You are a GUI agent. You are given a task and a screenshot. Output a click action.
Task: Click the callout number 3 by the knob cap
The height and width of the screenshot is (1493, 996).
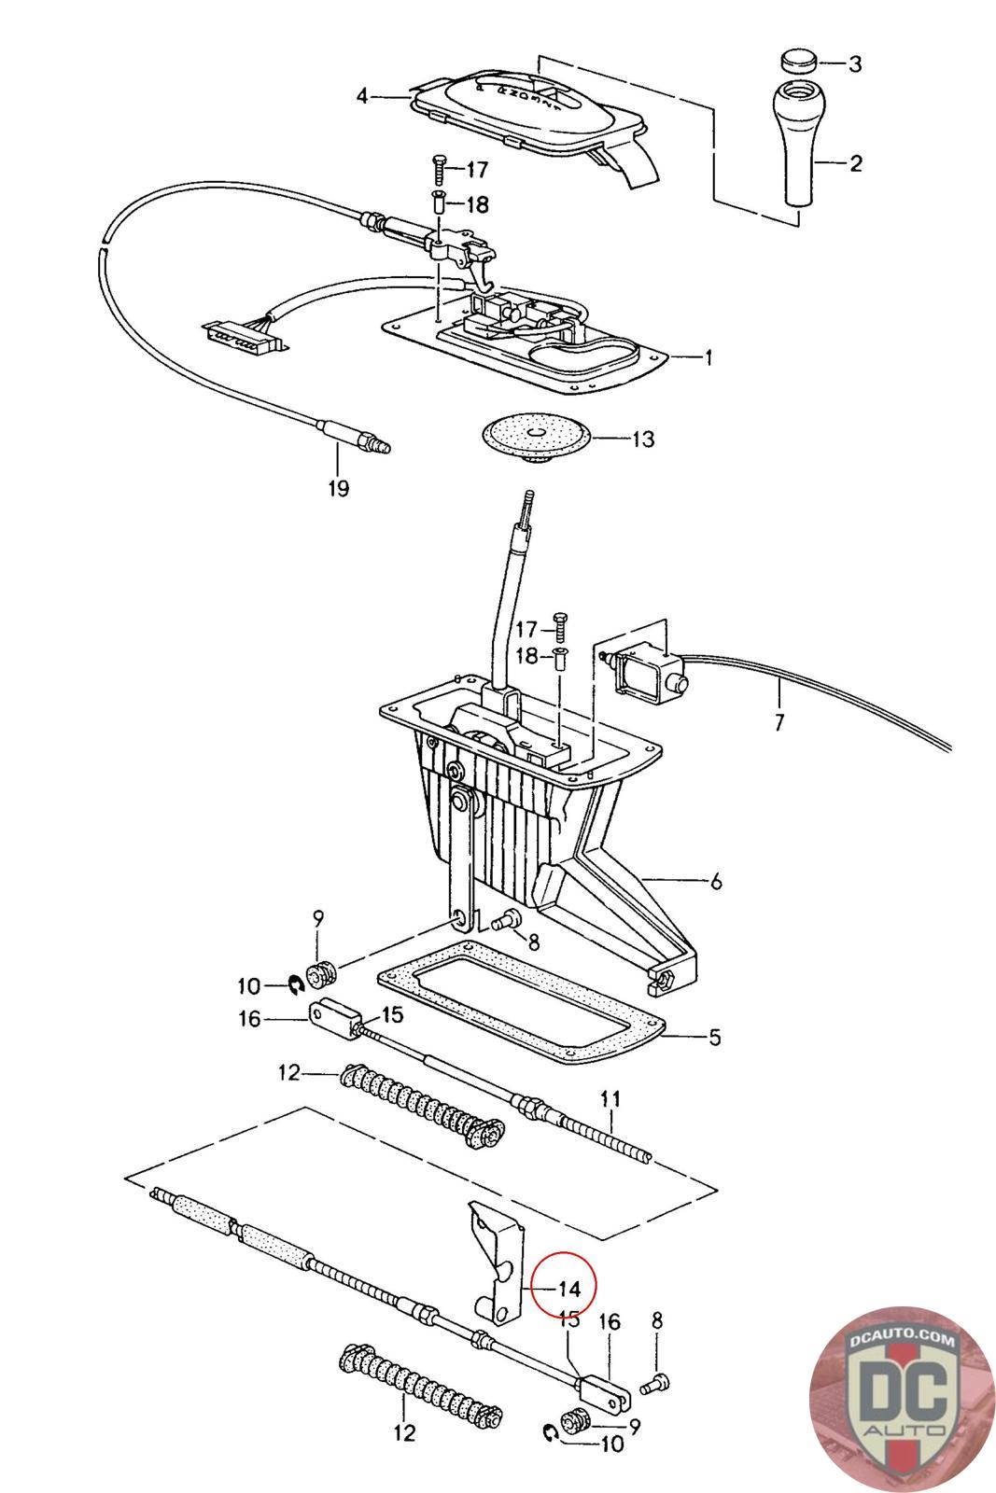(855, 64)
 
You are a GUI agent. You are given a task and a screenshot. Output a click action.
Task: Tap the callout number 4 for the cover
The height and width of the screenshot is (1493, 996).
(362, 97)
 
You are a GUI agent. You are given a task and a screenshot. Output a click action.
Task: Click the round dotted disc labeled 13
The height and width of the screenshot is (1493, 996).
(537, 437)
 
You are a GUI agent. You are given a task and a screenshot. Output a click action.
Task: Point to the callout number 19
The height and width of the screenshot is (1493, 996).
(339, 489)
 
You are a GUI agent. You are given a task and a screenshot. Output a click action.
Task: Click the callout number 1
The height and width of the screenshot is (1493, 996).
(708, 358)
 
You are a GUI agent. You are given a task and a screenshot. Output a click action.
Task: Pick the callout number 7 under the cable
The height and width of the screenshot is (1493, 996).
(779, 722)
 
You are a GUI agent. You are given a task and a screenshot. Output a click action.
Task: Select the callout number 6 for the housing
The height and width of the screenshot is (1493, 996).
(716, 882)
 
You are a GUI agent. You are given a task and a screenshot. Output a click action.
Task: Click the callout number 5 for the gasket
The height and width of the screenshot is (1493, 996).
(714, 1037)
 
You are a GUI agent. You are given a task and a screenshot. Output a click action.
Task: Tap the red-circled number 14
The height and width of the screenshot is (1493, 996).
(568, 1289)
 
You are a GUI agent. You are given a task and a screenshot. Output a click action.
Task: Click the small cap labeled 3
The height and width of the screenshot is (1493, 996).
(799, 61)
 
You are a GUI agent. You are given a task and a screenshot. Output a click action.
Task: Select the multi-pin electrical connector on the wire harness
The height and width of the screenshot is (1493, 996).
(244, 337)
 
